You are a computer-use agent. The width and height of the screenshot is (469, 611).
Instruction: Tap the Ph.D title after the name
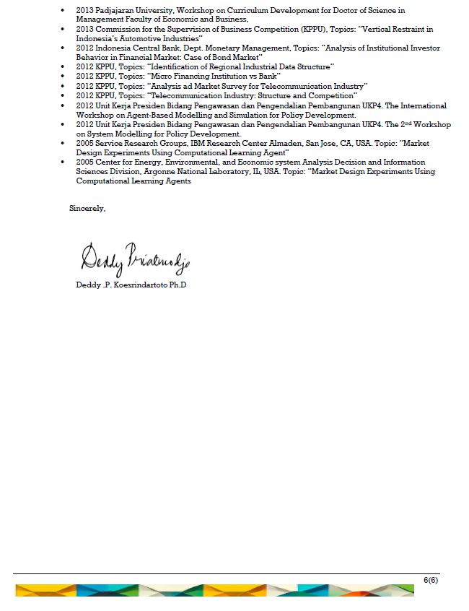click(177, 285)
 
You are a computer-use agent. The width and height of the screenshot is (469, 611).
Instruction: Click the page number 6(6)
click(431, 580)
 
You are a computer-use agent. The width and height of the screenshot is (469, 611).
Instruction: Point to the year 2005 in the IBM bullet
click(84, 143)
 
